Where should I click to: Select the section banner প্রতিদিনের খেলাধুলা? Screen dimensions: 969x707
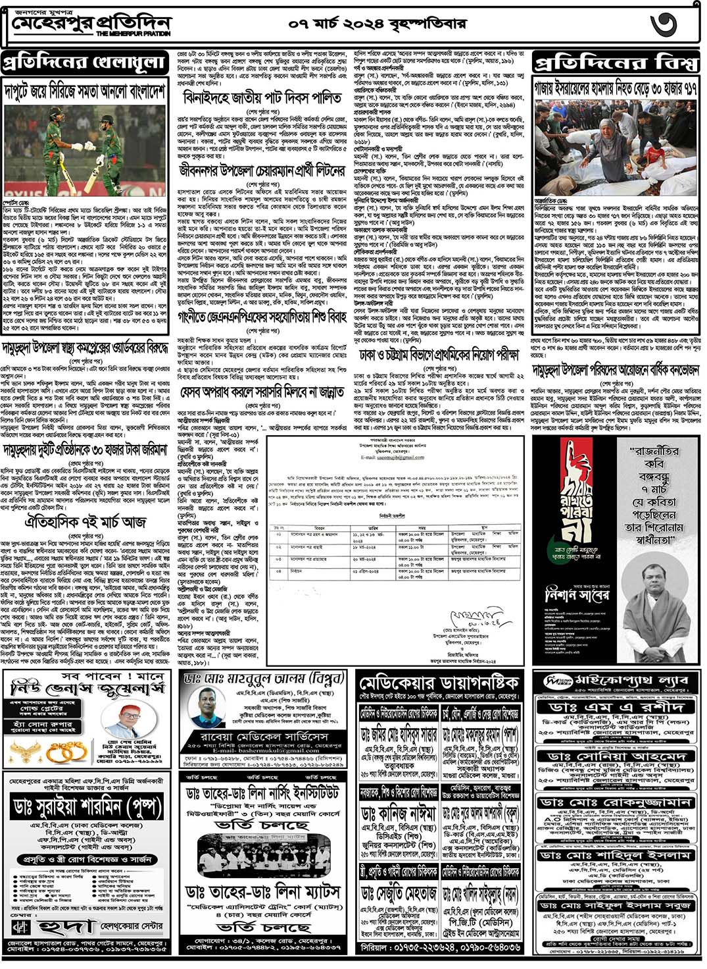point(84,63)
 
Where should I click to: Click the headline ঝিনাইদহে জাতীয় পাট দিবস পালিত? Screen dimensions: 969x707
point(262,98)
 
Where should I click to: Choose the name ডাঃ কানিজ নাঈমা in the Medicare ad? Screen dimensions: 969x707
point(398,814)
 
